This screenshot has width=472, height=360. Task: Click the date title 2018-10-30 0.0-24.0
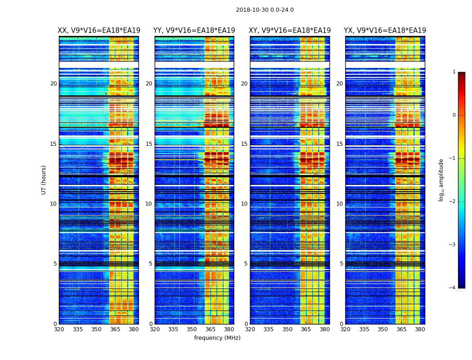coord(265,10)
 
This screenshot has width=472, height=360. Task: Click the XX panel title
coord(99,31)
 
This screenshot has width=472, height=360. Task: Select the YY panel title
coord(194,31)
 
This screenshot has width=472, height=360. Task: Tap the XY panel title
coord(290,31)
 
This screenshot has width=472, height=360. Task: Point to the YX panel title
coord(385,31)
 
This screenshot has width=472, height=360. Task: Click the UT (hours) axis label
coord(44,180)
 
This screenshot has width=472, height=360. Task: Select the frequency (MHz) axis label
coord(217,338)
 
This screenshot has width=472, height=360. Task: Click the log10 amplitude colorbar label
coord(441,180)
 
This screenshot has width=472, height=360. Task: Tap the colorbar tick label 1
coord(454,72)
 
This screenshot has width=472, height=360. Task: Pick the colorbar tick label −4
coord(453,288)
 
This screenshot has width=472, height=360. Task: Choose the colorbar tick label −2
coord(453,202)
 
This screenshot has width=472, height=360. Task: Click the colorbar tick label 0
coord(454,115)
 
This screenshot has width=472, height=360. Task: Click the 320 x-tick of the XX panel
coord(59,329)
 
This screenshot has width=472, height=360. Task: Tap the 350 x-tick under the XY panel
coord(287,329)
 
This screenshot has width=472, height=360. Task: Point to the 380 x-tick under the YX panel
coord(420,329)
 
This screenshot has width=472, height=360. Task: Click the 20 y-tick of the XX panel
coord(53,84)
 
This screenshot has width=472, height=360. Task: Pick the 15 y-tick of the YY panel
coord(149,144)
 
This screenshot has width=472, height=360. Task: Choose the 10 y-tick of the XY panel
coord(244,204)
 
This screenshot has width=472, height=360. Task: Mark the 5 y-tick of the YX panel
coord(341,264)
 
